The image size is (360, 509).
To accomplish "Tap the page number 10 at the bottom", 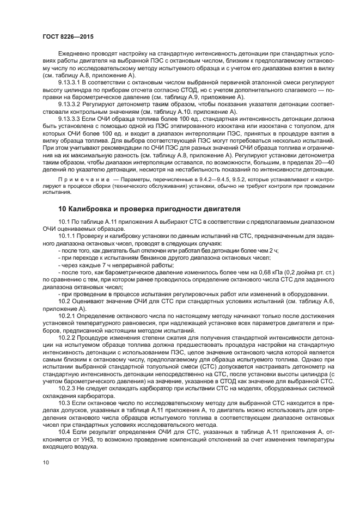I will click(x=45, y=462).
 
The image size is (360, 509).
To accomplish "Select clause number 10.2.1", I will click(x=69, y=316).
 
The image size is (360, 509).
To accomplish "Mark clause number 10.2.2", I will click(x=69, y=337).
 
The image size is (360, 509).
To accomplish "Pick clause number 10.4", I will click(x=66, y=430).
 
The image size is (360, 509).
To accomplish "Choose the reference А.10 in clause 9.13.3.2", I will click(x=176, y=111).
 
